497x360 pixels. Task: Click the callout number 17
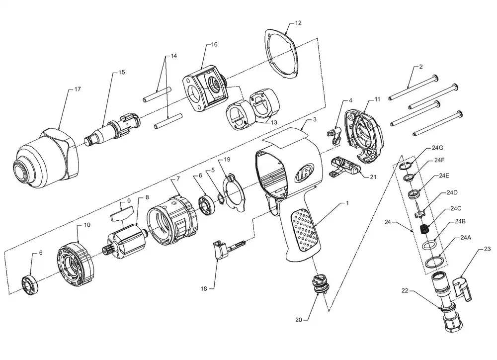tap(78, 89)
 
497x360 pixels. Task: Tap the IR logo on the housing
tap(305, 173)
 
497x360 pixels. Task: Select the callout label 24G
tap(437, 148)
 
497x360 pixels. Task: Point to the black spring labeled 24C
tap(422, 229)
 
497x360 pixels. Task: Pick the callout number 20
tap(299, 320)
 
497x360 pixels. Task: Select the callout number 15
tap(122, 72)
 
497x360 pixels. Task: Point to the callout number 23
tap(487, 249)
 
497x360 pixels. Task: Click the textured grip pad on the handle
tap(305, 231)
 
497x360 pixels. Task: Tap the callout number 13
tap(274, 122)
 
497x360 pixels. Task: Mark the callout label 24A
tap(466, 237)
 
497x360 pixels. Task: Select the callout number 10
tap(87, 225)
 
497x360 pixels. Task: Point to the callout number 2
tap(421, 67)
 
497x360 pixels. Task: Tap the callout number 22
tap(405, 290)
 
